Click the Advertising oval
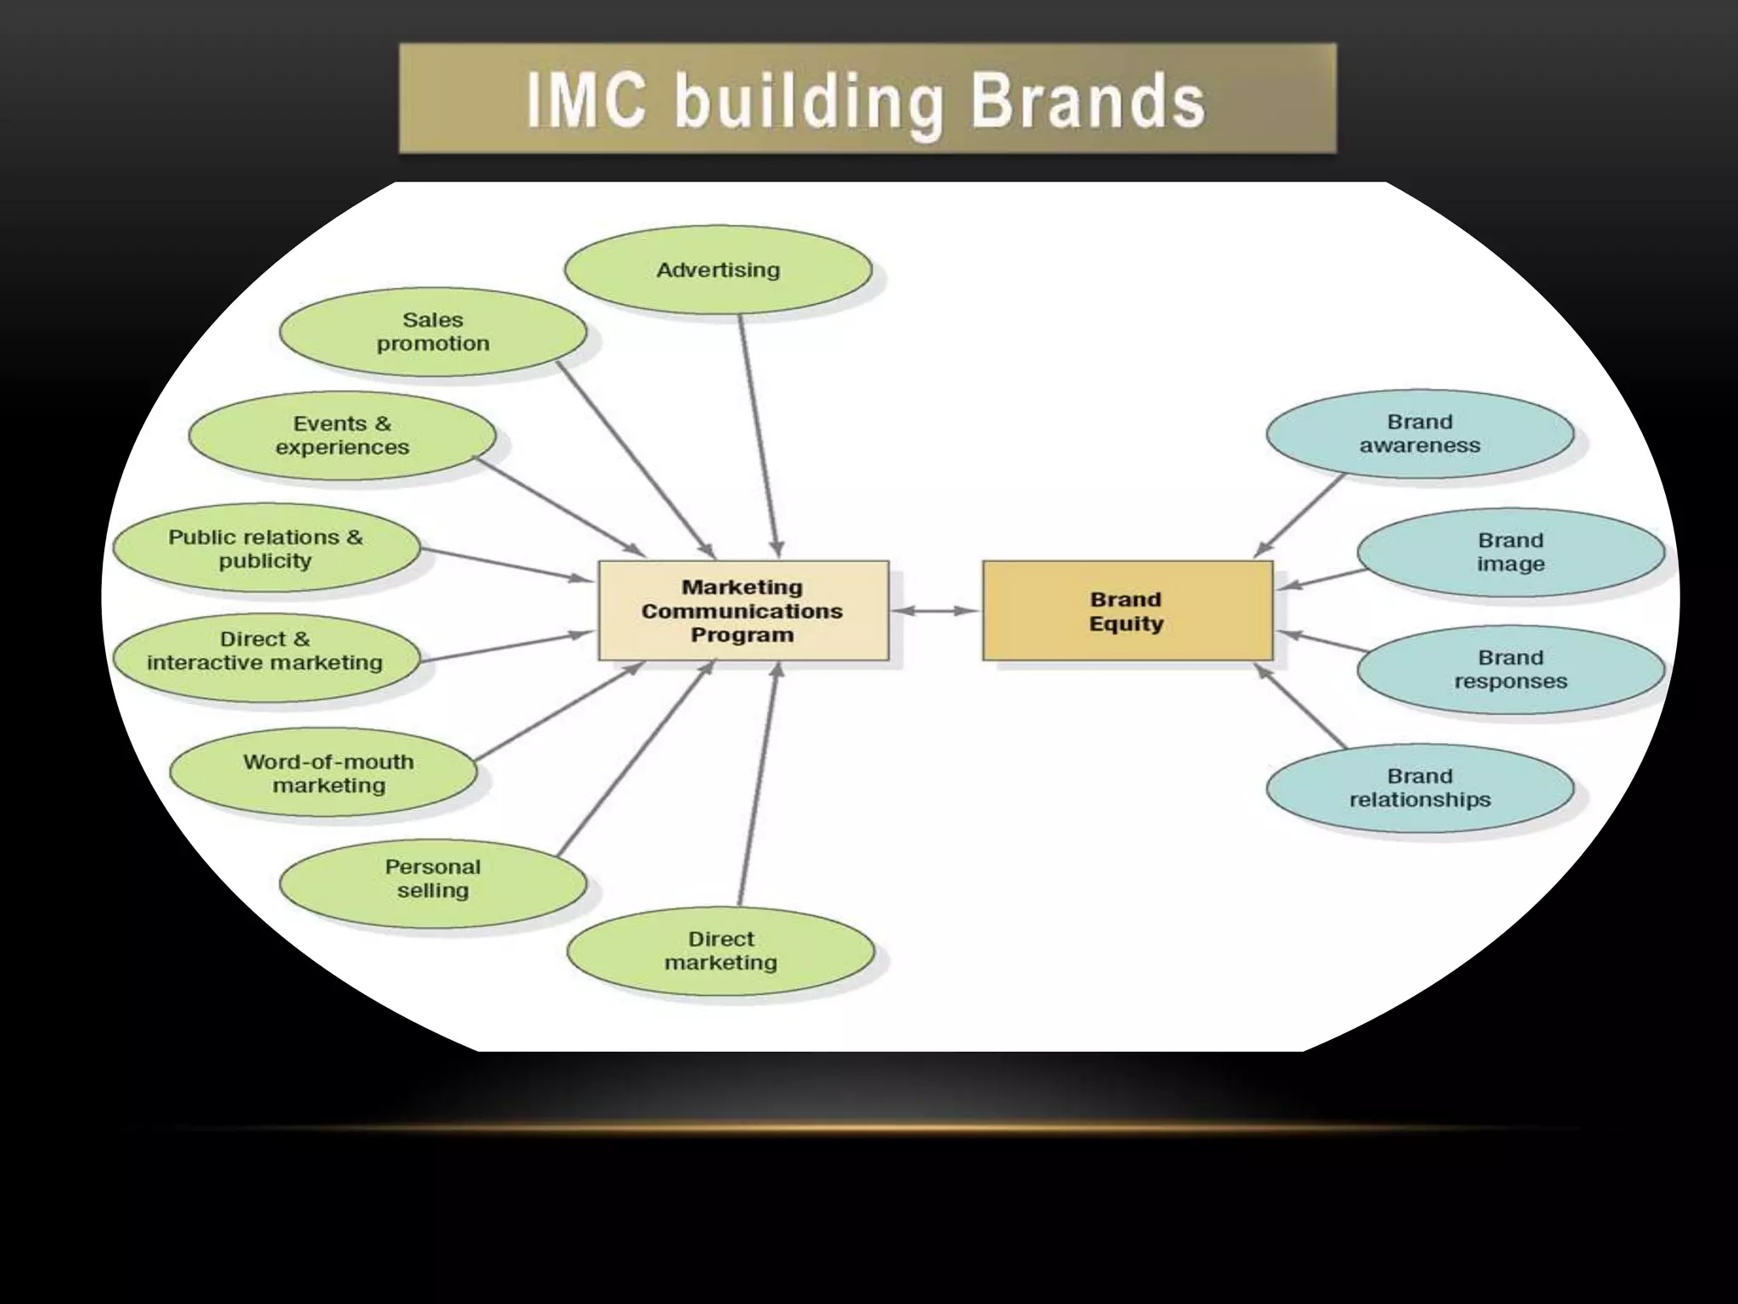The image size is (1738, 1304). click(718, 270)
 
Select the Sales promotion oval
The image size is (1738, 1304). click(433, 332)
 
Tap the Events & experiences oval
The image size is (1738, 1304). click(342, 436)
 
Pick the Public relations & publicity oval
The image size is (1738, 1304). click(266, 548)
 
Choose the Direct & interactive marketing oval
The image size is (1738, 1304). click(266, 651)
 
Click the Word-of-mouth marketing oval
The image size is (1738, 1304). click(328, 773)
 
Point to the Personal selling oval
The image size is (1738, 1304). click(433, 879)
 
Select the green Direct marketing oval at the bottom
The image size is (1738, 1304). click(720, 951)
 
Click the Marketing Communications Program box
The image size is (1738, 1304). click(743, 610)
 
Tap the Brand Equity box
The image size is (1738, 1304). click(1127, 611)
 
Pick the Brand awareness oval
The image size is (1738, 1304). click(1420, 434)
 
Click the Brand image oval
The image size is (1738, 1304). click(1511, 553)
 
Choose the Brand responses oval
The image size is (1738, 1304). click(1511, 670)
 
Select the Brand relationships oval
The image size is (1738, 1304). click(1420, 788)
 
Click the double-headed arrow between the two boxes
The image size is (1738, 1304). click(935, 610)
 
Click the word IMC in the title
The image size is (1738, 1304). click(586, 102)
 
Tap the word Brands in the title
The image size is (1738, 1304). click(1087, 102)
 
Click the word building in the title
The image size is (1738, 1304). click(808, 104)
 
